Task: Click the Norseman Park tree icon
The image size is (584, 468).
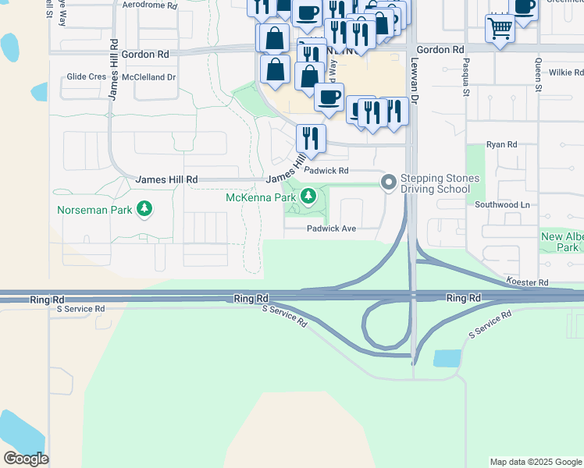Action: pos(144,208)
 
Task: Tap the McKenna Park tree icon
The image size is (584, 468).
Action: pos(310,196)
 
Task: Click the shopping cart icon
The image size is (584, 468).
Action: pos(500,29)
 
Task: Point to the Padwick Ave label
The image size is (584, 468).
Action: pos(331,229)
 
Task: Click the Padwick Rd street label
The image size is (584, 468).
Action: pos(326,170)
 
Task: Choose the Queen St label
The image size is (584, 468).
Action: pos(538,77)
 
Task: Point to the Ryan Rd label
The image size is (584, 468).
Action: pos(501,144)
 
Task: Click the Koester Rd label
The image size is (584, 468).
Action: pos(528,282)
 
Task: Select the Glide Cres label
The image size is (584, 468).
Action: pos(86,77)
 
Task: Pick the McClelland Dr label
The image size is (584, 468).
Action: pos(148,77)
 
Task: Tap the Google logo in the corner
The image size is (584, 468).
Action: pos(25,459)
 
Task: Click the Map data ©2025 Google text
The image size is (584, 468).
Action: pos(536,462)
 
